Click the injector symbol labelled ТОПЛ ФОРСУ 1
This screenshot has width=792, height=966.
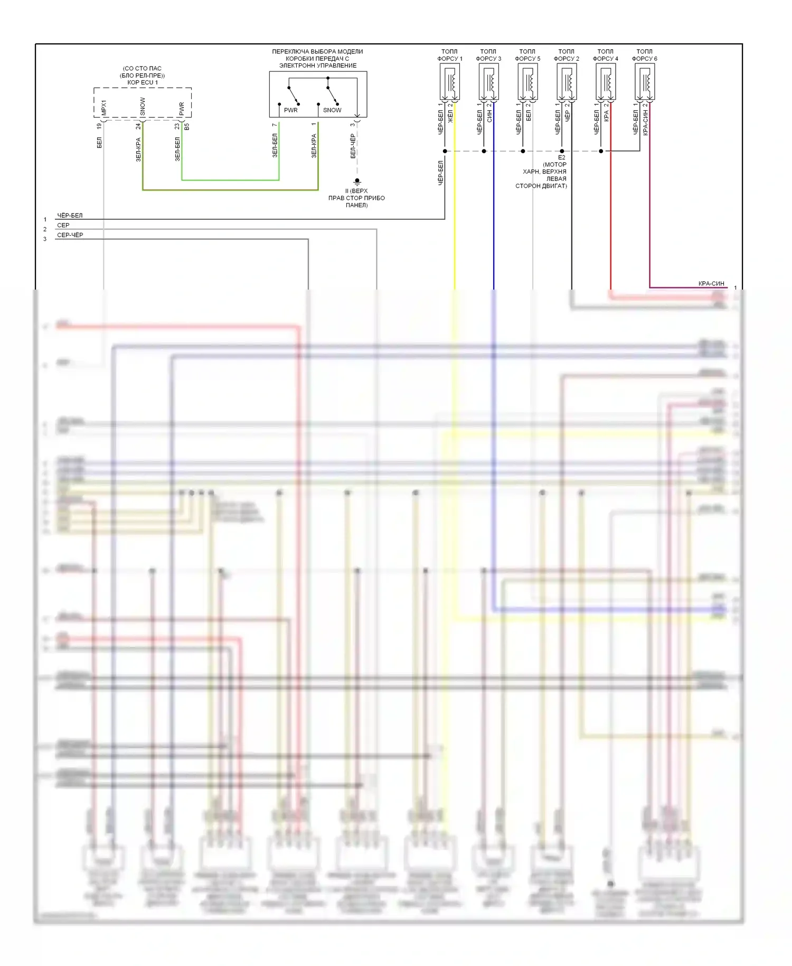click(x=449, y=82)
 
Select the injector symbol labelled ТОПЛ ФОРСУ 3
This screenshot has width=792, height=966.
click(x=488, y=82)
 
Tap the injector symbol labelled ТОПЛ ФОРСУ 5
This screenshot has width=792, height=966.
click(x=527, y=82)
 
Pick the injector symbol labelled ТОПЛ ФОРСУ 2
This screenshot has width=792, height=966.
click(x=567, y=82)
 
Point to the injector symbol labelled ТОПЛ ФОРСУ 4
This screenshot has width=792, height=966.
click(x=606, y=82)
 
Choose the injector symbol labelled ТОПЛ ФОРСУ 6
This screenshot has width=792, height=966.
click(x=645, y=82)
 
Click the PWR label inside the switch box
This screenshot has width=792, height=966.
click(x=291, y=110)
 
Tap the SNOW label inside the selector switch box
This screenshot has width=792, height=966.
click(x=332, y=110)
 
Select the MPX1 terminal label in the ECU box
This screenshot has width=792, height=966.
click(x=104, y=108)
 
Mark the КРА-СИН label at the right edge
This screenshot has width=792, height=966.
click(x=711, y=284)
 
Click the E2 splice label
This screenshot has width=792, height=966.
click(x=561, y=157)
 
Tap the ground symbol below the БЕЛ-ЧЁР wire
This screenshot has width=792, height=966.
click(x=357, y=182)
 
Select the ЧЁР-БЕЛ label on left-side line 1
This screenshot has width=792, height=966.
click(x=70, y=216)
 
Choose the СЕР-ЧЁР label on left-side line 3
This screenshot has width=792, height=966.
click(x=70, y=235)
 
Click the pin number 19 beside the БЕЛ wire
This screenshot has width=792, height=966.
click(x=99, y=126)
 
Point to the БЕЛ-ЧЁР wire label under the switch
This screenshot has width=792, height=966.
click(x=353, y=146)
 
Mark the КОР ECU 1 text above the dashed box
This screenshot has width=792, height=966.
click(x=142, y=82)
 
